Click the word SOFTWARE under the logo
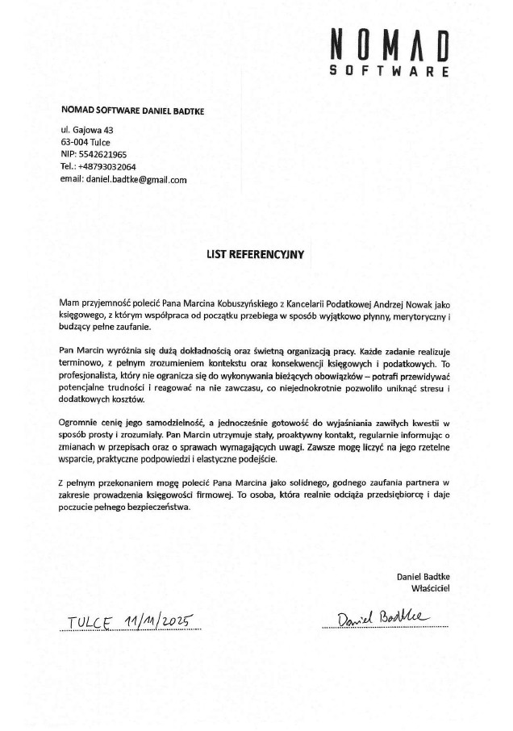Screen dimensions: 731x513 click(x=390, y=72)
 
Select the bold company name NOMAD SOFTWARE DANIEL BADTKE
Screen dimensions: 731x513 click(x=131, y=110)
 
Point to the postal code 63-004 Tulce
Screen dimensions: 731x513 click(x=85, y=141)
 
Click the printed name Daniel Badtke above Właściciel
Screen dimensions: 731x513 click(x=423, y=576)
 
